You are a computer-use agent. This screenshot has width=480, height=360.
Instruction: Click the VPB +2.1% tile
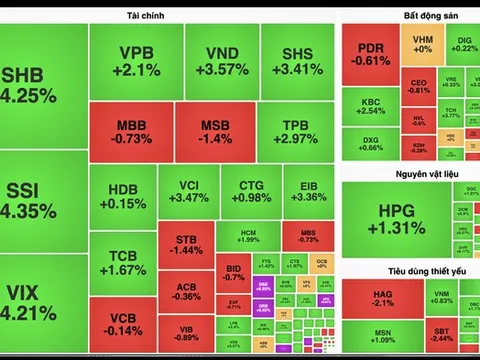136,61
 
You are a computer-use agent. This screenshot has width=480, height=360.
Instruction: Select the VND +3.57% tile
221,61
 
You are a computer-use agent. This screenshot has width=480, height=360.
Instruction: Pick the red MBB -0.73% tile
131,132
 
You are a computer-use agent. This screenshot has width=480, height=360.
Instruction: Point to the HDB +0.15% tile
123,195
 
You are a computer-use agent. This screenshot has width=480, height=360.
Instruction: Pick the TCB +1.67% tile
123,262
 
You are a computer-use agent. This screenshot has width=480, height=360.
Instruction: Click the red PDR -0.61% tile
371,54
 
